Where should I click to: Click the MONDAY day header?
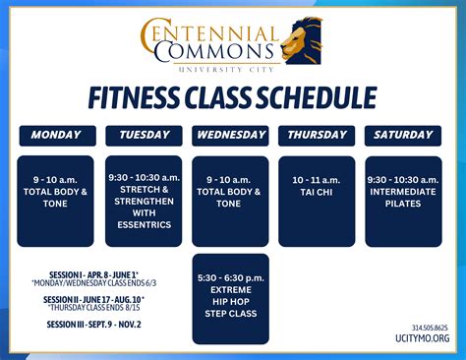[56, 135]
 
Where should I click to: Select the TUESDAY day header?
[145, 135]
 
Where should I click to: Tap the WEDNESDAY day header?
[231, 135]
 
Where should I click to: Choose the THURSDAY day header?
[317, 135]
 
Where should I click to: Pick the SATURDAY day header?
[403, 135]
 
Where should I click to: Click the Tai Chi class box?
[317, 201]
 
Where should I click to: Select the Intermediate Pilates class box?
[403, 201]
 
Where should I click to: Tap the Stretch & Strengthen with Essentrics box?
[145, 201]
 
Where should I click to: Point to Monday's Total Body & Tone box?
[56, 201]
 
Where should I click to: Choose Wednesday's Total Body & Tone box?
[231, 201]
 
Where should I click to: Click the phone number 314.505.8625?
[429, 328]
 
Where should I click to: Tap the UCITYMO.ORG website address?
[424, 338]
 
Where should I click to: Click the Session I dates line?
[94, 274]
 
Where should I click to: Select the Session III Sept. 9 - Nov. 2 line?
[94, 324]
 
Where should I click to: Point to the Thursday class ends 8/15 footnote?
[94, 307]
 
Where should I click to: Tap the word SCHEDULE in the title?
[320, 97]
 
